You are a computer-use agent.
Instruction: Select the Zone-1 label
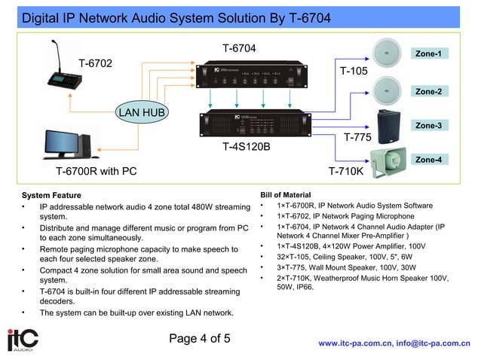tap(428, 54)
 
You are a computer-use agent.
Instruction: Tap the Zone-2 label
tap(428, 91)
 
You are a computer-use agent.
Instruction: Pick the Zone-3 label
tap(428, 126)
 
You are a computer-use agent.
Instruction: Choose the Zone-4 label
tap(428, 160)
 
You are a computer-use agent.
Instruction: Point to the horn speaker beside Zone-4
tap(388, 160)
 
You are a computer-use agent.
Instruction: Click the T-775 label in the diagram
tap(357, 137)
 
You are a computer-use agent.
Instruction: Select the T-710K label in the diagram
tap(346, 172)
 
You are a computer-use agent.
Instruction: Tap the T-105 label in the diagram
tap(354, 72)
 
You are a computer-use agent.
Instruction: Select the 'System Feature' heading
tap(51, 196)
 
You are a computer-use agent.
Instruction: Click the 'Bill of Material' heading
tap(285, 194)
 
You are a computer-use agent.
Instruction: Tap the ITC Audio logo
tap(23, 340)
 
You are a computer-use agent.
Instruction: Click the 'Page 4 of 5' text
tap(200, 338)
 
